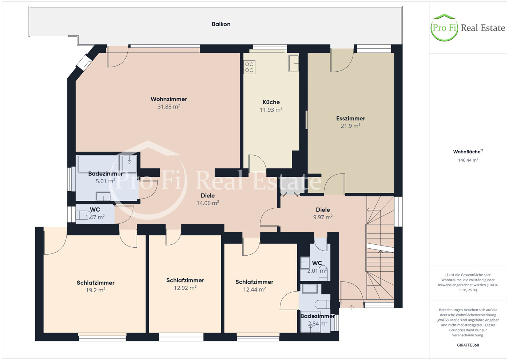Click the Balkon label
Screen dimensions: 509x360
(x=221, y=24)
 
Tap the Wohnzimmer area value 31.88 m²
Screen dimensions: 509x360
(x=168, y=107)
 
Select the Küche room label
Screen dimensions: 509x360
(x=271, y=102)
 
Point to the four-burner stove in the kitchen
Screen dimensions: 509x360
(x=249, y=67)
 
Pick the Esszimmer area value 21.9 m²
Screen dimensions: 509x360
(x=350, y=126)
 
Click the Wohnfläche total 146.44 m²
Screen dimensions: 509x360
(x=468, y=160)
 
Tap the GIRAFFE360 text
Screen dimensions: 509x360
(x=468, y=345)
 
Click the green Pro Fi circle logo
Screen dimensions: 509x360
(x=444, y=28)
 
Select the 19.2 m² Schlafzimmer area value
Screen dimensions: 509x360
(x=95, y=290)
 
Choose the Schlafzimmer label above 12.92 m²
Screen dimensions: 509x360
(x=185, y=280)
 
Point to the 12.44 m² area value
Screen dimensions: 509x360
(x=254, y=289)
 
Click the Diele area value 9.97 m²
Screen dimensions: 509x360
(x=323, y=217)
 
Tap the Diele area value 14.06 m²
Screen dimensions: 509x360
(x=208, y=203)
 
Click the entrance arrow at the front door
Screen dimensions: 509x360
(x=352, y=308)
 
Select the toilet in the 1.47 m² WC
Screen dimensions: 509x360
(x=82, y=215)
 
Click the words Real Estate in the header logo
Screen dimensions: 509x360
(x=483, y=28)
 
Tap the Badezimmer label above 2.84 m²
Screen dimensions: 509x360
(x=318, y=316)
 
